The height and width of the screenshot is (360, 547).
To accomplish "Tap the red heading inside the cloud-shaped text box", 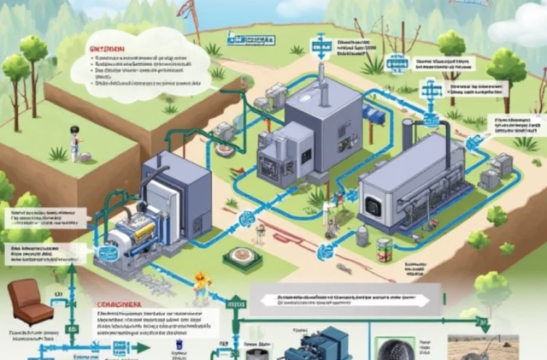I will [108, 50].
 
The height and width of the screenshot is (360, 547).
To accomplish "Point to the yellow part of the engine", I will [144, 224].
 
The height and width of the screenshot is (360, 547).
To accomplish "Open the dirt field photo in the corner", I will [494, 347].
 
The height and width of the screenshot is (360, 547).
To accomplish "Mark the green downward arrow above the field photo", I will [483, 323].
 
